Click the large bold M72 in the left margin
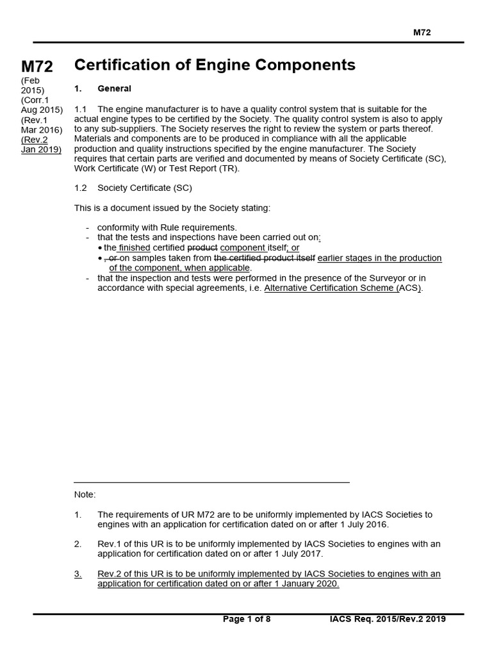[x=37, y=67]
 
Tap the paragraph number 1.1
[x=81, y=109]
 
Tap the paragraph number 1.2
[x=81, y=188]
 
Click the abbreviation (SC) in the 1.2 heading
[x=181, y=188]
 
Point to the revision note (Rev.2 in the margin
[x=35, y=140]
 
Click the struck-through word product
[x=202, y=247]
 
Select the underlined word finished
[x=135, y=247]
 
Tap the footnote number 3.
[x=78, y=573]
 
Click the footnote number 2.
[x=78, y=543]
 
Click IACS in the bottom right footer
[x=341, y=619]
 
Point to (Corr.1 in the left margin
[x=35, y=100]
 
